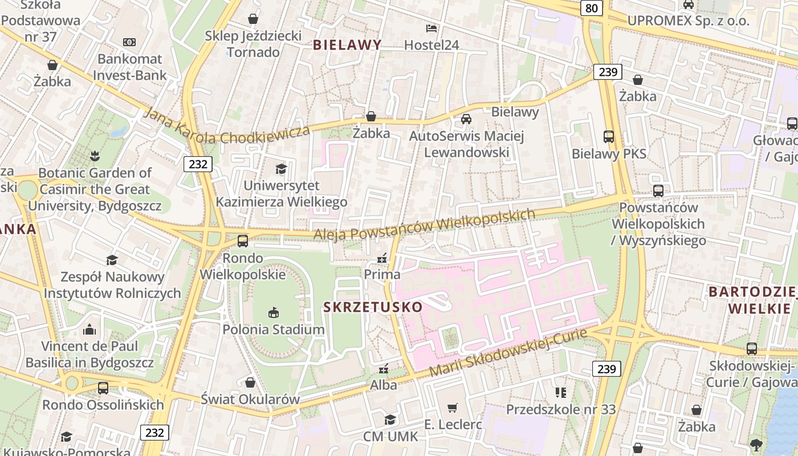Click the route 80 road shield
coord(592,8)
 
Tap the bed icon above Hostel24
coord(431,28)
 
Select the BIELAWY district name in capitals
coord(347,45)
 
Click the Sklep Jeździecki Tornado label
coord(253,44)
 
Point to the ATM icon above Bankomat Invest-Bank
coord(129,42)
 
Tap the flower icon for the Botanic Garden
coord(95,156)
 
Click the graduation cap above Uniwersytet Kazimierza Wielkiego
coord(281,169)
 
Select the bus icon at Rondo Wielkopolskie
coord(243,241)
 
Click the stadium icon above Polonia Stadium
coord(274,312)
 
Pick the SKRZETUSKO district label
coord(373,307)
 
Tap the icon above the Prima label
coord(382,258)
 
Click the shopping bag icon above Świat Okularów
coord(250,382)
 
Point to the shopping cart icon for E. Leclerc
coord(453,408)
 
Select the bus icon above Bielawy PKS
coord(609,137)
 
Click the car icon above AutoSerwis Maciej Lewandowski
coord(466,119)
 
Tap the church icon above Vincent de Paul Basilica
coord(89,329)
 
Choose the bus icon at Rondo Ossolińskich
coord(103,388)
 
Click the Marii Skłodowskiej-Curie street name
coord(508,352)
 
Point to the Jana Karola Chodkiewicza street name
coord(227,127)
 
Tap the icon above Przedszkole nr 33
coord(561,392)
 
